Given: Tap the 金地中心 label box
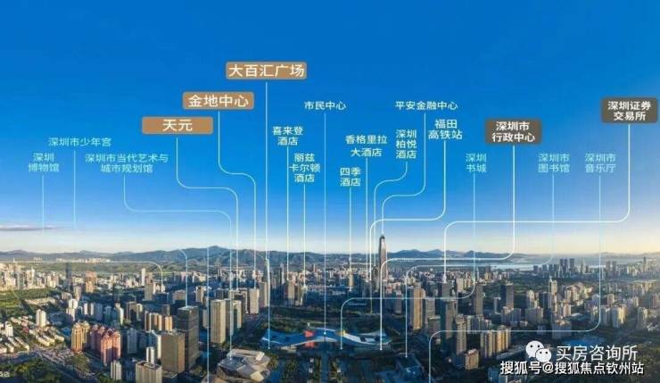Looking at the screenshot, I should point(219,100).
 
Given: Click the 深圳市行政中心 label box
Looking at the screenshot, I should point(513,132).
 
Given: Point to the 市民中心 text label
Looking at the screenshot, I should point(325,104).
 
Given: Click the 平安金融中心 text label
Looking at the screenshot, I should point(426,104).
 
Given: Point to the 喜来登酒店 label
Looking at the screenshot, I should point(287,136).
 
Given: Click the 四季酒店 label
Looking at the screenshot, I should point(350,176).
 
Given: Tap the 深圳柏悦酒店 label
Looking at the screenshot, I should point(406,144).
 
